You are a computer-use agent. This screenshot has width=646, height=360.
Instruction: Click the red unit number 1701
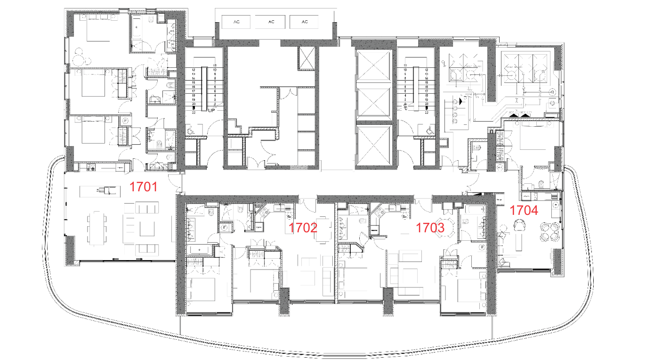click(144, 187)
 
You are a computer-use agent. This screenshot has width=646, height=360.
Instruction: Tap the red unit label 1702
click(303, 228)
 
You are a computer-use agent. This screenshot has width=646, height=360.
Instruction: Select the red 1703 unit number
click(430, 228)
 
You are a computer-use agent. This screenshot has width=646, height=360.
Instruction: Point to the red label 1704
click(524, 210)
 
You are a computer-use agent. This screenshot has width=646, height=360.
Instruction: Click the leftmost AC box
click(236, 22)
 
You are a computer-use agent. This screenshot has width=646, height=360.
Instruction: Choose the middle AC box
click(271, 22)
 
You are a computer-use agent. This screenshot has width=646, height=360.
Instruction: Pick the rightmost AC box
click(305, 22)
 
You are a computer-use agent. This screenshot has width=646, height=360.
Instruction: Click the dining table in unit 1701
click(96, 228)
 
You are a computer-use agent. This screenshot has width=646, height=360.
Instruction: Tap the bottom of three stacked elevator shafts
click(374, 146)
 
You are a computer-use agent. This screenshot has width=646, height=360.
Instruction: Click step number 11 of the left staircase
click(214, 65)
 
